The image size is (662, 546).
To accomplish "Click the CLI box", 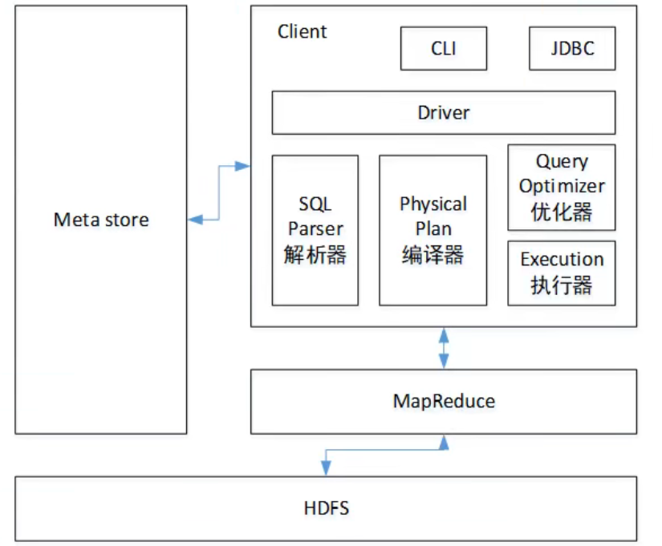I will point(443,48).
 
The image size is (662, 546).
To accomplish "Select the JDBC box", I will point(572,48).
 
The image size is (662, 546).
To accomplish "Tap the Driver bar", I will point(443,112).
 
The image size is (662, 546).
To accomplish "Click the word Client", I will point(302,32).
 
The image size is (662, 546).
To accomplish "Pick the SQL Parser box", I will point(315,230).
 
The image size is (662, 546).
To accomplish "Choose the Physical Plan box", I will point(433,230).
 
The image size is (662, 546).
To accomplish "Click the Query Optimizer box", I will point(562,187).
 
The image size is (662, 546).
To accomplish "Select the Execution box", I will point(562,273).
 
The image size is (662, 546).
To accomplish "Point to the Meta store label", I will point(101,220).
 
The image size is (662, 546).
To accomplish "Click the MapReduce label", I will point(444,401).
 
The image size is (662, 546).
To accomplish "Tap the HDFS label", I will point(327,508).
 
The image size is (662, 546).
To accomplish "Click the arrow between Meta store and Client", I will point(219,192).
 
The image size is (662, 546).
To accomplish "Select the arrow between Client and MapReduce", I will point(444,347).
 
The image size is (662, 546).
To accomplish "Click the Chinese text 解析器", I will point(315,255).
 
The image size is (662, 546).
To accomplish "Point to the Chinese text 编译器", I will point(433,255).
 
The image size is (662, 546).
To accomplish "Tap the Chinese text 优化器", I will point(562,212).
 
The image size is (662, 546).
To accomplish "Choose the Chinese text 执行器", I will point(562,285).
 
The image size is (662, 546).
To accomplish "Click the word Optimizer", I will point(562,187).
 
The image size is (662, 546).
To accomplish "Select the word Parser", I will point(315,229).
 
